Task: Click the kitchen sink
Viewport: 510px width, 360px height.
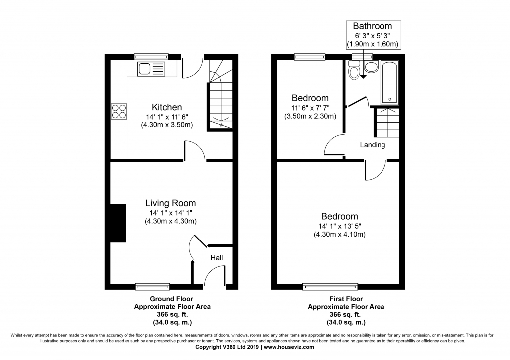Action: tap(151, 69)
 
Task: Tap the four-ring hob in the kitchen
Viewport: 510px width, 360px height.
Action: tap(119, 111)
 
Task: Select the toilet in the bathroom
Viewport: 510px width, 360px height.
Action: tap(353, 70)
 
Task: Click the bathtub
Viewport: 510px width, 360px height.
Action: tap(389, 83)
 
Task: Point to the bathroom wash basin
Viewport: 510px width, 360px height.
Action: tap(371, 67)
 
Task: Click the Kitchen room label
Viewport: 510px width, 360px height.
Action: tap(167, 107)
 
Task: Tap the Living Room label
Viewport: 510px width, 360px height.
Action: tap(171, 203)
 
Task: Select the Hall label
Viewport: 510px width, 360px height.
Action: tap(217, 258)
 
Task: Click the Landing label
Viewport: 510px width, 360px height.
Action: tap(373, 145)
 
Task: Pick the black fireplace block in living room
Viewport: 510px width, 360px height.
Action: tap(118, 223)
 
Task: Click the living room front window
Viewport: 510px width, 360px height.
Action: tap(152, 286)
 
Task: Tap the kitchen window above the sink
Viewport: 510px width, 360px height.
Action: tap(151, 57)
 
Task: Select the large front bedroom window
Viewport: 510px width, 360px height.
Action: tap(330, 286)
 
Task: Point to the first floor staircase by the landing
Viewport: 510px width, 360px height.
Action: tap(387, 122)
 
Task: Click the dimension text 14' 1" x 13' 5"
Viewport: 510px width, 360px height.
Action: tap(340, 226)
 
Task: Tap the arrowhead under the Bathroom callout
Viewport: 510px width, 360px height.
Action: tap(363, 77)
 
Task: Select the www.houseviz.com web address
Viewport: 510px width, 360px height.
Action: tap(289, 347)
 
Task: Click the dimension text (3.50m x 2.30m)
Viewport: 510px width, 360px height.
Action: tap(310, 116)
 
